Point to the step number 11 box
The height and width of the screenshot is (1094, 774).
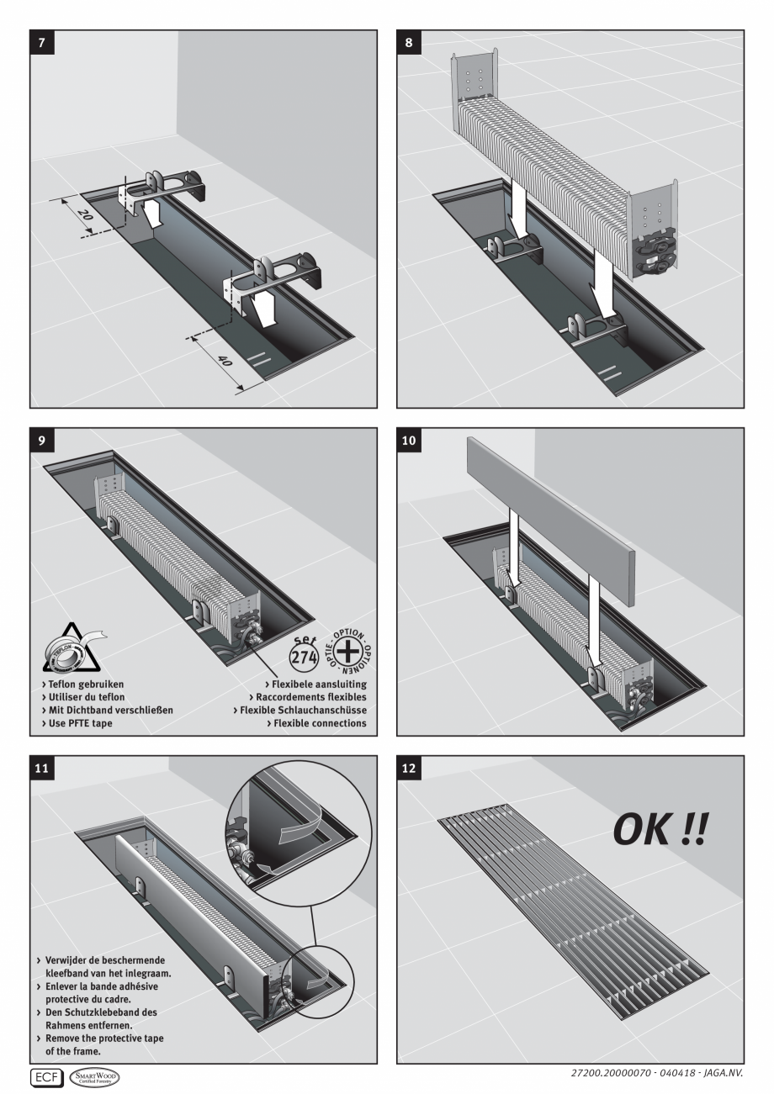tap(40, 767)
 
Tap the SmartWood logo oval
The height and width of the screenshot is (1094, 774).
tap(95, 1076)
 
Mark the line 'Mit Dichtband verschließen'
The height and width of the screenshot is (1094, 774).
tap(109, 711)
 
